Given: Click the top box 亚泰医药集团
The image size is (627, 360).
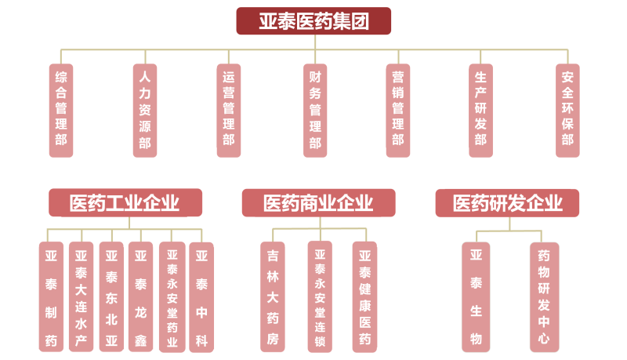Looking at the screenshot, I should pyautogui.click(x=313, y=20).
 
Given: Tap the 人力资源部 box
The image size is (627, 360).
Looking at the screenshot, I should pyautogui.click(x=144, y=110).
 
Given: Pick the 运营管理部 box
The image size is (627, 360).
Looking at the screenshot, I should pyautogui.click(x=228, y=110).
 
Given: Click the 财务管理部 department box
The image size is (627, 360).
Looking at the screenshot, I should pyautogui.click(x=314, y=110).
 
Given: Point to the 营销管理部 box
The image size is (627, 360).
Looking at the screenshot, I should pyautogui.click(x=398, y=110).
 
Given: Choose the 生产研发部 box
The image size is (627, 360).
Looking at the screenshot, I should pyautogui.click(x=480, y=110).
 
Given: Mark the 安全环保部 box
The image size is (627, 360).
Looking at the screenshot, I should pyautogui.click(x=567, y=110).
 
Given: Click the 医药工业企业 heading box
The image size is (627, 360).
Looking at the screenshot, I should pyautogui.click(x=125, y=203).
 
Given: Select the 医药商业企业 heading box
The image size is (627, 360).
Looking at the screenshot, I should pyautogui.click(x=318, y=203).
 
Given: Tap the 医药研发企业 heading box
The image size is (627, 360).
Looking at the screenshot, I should pyautogui.click(x=507, y=203).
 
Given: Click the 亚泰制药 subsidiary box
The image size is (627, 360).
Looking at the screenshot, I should pyautogui.click(x=51, y=296).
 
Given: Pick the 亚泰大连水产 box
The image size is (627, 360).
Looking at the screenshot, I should pyautogui.click(x=81, y=296).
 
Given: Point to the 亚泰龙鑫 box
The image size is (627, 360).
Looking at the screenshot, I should pyautogui.click(x=140, y=296).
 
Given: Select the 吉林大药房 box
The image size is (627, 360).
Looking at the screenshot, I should pyautogui.click(x=273, y=296).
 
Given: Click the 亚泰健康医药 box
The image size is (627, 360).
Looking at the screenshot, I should pyautogui.click(x=364, y=296).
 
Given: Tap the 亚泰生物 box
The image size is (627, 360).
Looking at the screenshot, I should pyautogui.click(x=476, y=296).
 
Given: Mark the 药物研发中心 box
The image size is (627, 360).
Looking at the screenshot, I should pyautogui.click(x=544, y=296).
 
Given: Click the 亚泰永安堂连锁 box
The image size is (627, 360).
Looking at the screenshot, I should pyautogui.click(x=320, y=296).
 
